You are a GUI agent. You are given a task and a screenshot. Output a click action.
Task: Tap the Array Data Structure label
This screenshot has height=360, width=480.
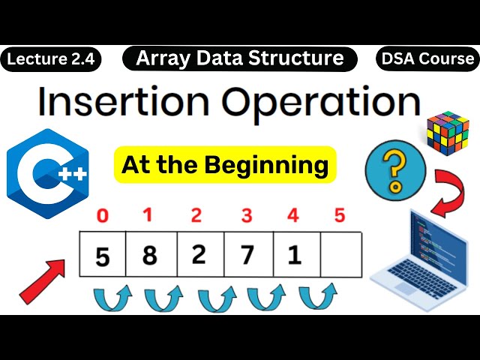[240, 58]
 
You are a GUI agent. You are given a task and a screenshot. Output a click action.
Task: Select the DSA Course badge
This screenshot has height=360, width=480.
[427, 58]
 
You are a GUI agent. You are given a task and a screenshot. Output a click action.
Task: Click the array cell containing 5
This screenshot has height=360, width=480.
[103, 256]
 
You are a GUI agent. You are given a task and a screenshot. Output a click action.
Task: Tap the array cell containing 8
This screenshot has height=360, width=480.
[150, 256]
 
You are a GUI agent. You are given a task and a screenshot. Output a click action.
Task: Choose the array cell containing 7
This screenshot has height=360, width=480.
[246, 256]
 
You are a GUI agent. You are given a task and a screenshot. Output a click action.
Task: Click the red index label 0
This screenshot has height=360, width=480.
[103, 216]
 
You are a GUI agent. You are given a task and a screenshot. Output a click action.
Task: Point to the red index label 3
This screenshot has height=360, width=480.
[246, 216]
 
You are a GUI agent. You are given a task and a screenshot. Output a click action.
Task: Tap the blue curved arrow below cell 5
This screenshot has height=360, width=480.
[112, 299]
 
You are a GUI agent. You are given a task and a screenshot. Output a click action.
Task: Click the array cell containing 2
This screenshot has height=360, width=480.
[198, 256]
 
